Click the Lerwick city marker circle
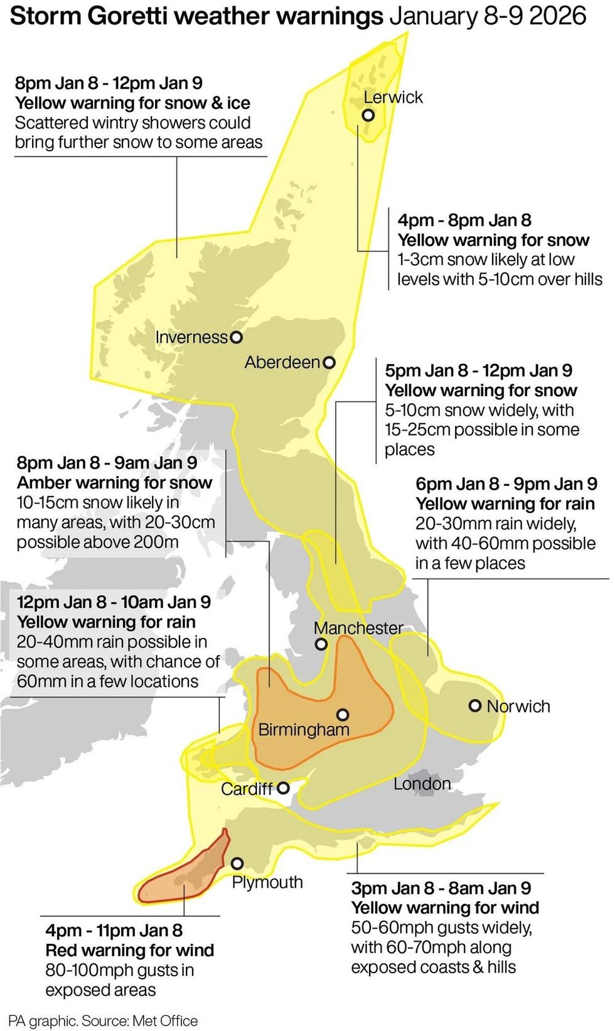point(368,116)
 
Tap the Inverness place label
point(191,337)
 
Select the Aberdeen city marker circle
point(329,362)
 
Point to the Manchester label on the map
point(358,628)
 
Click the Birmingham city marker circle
point(343,715)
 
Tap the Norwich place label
point(518,706)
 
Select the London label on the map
point(422,784)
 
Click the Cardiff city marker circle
point(283,787)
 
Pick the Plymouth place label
point(267,882)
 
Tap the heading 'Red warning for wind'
point(129,950)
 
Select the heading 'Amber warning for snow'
point(114,483)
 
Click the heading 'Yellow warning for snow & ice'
point(132,103)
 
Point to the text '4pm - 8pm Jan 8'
point(464,220)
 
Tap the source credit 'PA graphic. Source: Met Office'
point(103,1021)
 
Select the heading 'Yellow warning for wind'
point(445,907)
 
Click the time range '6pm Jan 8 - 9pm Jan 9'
point(506,484)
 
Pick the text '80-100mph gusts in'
point(119,970)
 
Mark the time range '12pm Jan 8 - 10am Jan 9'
point(114,602)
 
